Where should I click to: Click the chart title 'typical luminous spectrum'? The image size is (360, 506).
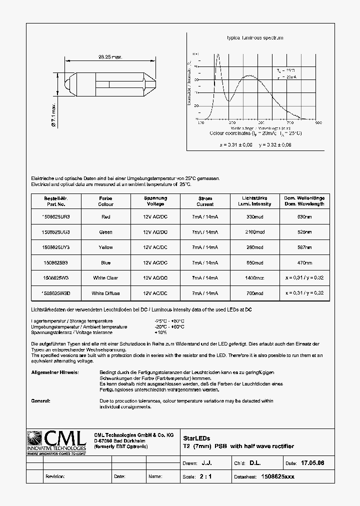pos(255,38)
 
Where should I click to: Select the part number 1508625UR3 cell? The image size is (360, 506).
pos(55,216)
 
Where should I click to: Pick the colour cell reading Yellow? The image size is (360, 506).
pos(105,247)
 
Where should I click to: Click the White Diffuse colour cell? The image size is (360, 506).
pos(105,293)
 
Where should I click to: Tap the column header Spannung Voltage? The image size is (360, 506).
pos(155,201)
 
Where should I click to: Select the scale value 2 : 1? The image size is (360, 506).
pos(205,476)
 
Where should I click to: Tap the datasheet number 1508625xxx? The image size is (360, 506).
pos(278,476)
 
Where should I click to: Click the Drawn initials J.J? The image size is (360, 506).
pos(213,463)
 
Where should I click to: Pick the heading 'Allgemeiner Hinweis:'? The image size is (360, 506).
pos(54,373)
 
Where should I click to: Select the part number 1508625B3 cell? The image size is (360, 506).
pos(55,262)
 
